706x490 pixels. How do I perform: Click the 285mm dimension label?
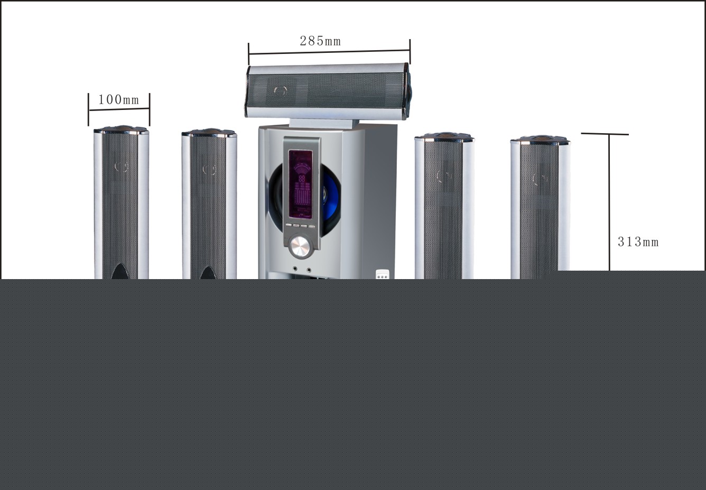click(320, 41)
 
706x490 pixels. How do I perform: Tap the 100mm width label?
click(118, 99)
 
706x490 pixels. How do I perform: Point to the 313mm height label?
click(638, 242)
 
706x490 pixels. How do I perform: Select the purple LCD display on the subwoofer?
click(300, 183)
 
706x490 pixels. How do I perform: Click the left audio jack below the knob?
click(295, 270)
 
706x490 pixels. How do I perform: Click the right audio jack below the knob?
click(309, 270)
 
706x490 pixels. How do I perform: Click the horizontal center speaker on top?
click(327, 90)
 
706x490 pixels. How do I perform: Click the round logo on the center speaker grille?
click(280, 90)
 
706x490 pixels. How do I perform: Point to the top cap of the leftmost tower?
click(120, 129)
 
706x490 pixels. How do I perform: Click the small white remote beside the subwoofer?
click(382, 274)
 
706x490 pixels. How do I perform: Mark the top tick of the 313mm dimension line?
click(605, 134)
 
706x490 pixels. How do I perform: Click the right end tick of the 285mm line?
click(410, 51)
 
